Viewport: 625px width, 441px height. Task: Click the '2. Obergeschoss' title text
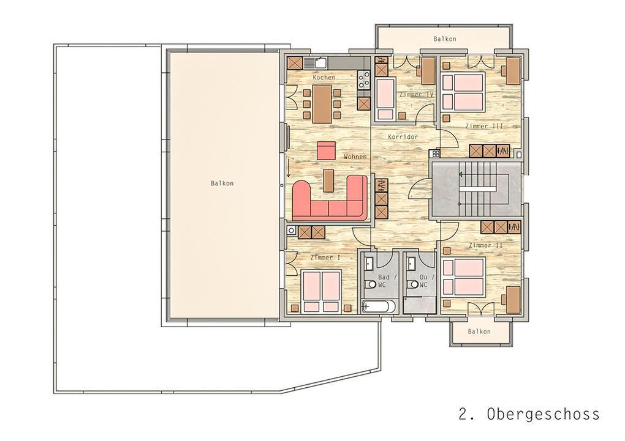(529, 414)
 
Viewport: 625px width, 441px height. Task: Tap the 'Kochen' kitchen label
(324, 77)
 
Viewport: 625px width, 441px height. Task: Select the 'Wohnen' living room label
(355, 157)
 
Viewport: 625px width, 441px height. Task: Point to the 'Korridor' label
(403, 136)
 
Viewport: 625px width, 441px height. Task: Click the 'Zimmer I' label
(325, 258)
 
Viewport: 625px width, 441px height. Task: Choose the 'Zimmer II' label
(485, 245)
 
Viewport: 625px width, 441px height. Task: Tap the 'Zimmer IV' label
(416, 94)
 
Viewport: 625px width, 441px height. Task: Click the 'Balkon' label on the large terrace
(222, 183)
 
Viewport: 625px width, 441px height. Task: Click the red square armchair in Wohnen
(327, 150)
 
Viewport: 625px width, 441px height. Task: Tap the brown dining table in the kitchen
(322, 103)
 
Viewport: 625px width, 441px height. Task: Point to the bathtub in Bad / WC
(379, 307)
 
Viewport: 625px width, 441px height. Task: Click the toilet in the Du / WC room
(412, 284)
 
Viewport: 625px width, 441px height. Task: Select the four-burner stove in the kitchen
(363, 79)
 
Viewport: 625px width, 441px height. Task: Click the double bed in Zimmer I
(322, 291)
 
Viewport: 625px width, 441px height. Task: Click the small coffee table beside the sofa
(328, 180)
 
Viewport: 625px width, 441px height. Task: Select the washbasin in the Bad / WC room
(369, 264)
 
